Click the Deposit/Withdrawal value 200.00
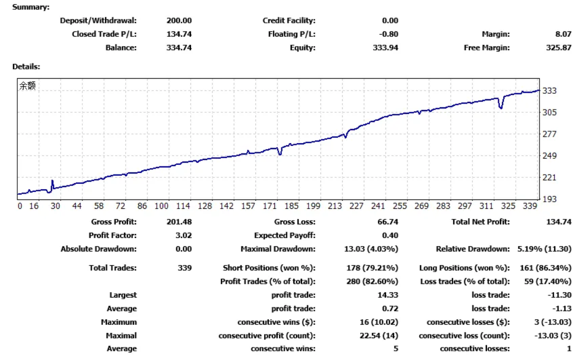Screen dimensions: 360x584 pos(179,21)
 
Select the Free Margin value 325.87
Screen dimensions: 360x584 pos(559,48)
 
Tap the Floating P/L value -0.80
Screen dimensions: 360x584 pos(389,34)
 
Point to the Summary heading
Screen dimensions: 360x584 pos(30,7)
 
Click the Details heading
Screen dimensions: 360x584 pos(26,67)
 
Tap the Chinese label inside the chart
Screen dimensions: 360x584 pos(27,86)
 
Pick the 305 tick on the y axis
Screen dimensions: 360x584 pos(549,113)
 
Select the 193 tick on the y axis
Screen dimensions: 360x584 pos(549,199)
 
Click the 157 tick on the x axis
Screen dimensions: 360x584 pos(248,206)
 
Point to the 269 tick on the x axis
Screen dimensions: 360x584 pos(421,206)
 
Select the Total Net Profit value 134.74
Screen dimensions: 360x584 pos(559,222)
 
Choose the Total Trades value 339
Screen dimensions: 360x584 pos(185,268)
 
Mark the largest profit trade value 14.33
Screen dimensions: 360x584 pos(388,295)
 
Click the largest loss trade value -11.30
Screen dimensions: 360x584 pos(560,295)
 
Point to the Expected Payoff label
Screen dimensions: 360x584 pos(285,235)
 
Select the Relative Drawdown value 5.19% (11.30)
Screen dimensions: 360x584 pos(541,249)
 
